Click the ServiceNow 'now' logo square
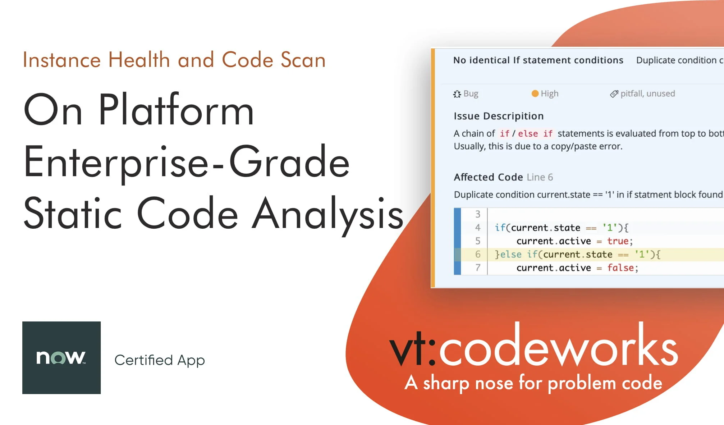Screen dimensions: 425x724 (x=61, y=357)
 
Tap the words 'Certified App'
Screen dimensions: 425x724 (x=160, y=360)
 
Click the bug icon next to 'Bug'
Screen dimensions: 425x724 (x=457, y=94)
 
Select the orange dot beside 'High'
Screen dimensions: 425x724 (x=535, y=93)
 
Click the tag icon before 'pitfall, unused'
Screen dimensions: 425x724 (x=614, y=94)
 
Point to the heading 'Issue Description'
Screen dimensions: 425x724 (x=499, y=116)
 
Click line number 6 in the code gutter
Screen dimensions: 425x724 (x=478, y=254)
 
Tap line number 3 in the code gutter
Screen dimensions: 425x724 (x=478, y=214)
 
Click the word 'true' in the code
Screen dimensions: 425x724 (x=618, y=241)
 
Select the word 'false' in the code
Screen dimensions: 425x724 (x=620, y=268)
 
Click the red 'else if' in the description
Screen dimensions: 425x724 (x=535, y=134)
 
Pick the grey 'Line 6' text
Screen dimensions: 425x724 (x=540, y=177)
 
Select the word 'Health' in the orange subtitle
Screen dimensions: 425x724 (x=139, y=60)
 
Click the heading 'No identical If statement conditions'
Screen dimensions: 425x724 (x=538, y=60)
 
